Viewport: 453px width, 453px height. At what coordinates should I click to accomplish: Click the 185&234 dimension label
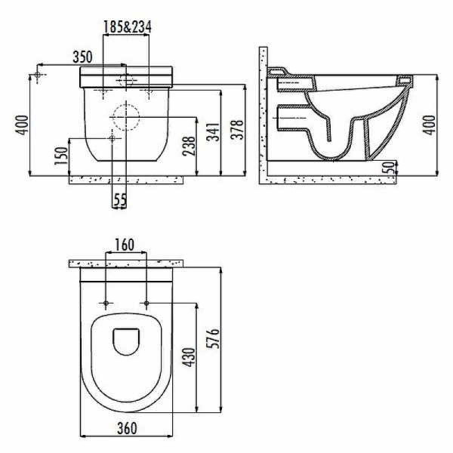pos(127,27)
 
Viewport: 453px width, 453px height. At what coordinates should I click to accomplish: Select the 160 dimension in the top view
pos(125,245)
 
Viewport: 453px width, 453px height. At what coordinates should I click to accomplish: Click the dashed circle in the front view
pos(125,117)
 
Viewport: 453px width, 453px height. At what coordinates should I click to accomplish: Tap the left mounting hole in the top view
pos(106,304)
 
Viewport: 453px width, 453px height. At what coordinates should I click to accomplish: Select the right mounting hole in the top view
pos(145,304)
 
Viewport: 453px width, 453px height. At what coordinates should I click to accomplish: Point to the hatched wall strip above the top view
pos(125,263)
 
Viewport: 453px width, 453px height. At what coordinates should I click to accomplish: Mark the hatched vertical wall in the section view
pos(262,113)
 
